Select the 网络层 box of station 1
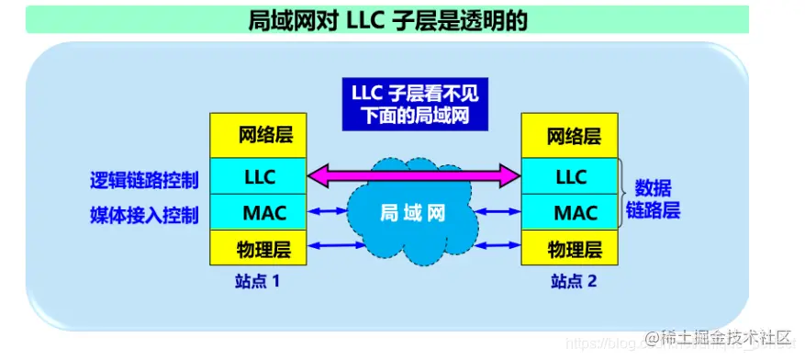258,136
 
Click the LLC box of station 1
258,174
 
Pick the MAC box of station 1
258,212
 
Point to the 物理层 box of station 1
258,247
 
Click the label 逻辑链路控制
144,179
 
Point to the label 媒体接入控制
144,215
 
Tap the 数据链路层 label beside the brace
654,197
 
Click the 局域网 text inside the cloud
412,214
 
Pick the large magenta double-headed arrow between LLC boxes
413,174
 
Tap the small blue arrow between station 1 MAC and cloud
327,212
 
